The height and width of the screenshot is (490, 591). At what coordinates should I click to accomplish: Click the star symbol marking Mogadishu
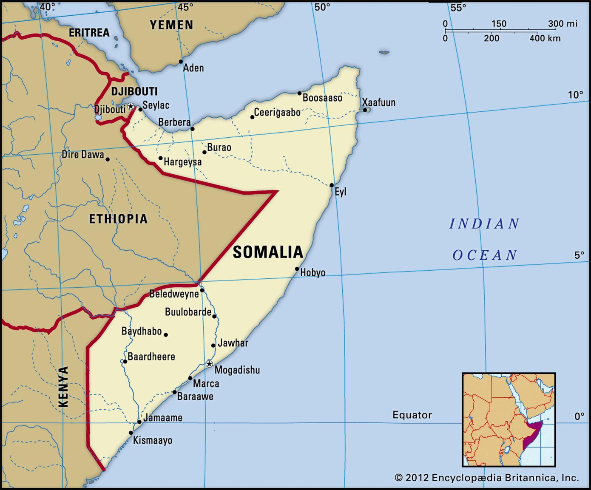pyautogui.click(x=209, y=364)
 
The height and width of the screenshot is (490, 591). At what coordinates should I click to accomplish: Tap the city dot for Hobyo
pyautogui.click(x=297, y=269)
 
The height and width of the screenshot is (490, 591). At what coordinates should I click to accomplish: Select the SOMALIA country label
pyautogui.click(x=268, y=252)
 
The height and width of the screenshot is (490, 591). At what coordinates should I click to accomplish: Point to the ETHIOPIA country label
pyautogui.click(x=118, y=219)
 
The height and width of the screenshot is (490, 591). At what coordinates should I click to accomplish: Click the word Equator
pyautogui.click(x=412, y=415)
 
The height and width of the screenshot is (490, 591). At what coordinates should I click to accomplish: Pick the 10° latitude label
pyautogui.click(x=576, y=95)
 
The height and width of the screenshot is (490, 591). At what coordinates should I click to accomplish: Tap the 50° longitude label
pyautogui.click(x=322, y=7)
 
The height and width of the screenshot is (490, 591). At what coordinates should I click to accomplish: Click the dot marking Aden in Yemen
pyautogui.click(x=181, y=62)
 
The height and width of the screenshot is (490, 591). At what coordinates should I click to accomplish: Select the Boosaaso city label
pyautogui.click(x=322, y=98)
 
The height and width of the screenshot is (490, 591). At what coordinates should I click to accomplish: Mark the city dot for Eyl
pyautogui.click(x=332, y=185)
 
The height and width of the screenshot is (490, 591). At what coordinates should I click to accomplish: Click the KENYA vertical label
pyautogui.click(x=63, y=386)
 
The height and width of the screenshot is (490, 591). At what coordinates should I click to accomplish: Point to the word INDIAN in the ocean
pyautogui.click(x=484, y=224)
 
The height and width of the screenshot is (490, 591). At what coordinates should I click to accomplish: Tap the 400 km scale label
pyautogui.click(x=545, y=38)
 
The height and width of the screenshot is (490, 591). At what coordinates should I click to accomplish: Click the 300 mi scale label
pyautogui.click(x=563, y=23)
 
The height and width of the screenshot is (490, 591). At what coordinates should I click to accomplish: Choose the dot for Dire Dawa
pyautogui.click(x=108, y=159)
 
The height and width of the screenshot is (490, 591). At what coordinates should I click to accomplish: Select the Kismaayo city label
pyautogui.click(x=153, y=440)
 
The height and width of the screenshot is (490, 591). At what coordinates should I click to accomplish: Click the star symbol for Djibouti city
pyautogui.click(x=131, y=106)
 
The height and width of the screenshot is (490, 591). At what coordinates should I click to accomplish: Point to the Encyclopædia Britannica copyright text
pyautogui.click(x=487, y=478)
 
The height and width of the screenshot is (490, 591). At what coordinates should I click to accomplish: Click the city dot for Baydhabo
pyautogui.click(x=166, y=335)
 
